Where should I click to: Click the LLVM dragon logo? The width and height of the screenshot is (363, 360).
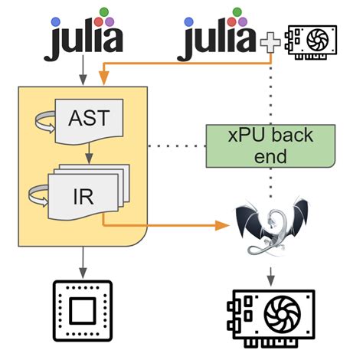272,227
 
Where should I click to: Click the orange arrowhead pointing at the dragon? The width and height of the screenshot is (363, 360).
223,225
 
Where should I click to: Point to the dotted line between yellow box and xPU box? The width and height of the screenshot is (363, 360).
176,145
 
